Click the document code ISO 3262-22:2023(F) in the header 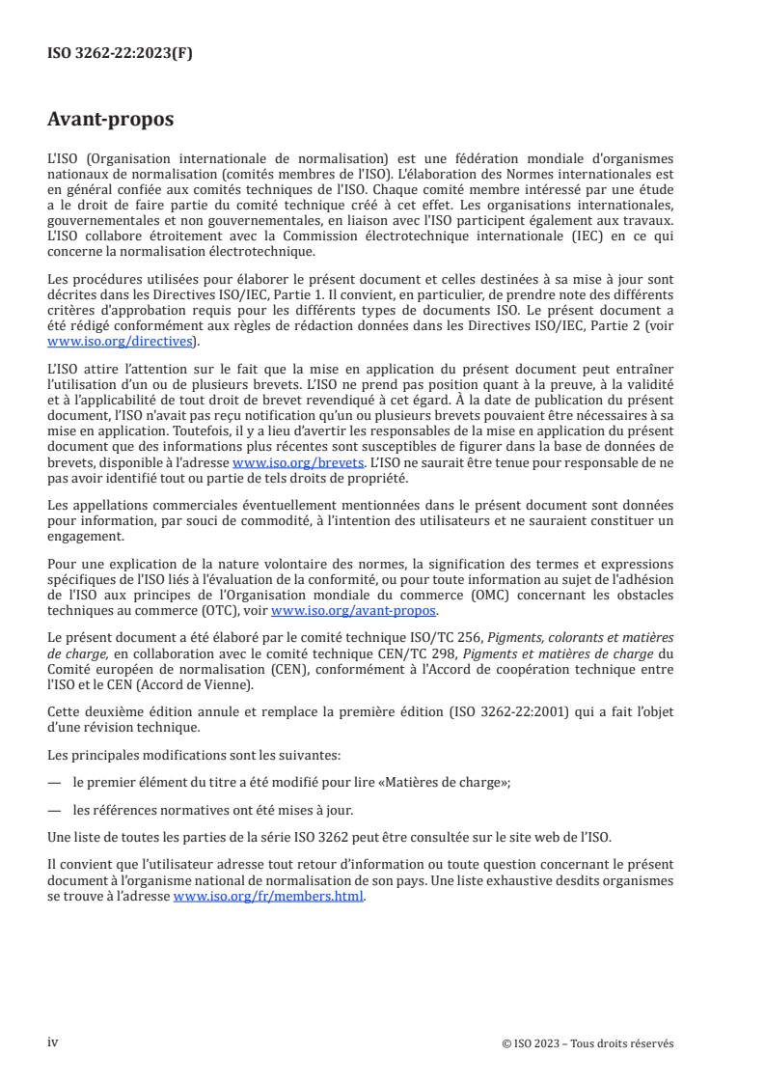[120, 54]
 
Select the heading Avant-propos [110, 120]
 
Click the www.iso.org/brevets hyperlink [298, 462]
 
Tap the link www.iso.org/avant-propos [354, 611]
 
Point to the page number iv [53, 1042]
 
